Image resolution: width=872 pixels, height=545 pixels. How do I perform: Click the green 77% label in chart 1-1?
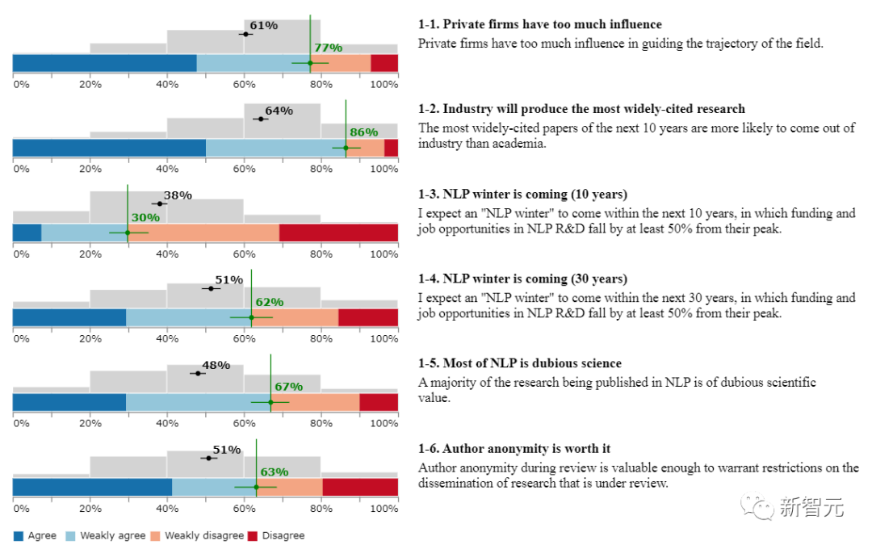click(x=328, y=48)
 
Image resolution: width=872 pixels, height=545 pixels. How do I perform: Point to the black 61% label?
click(x=263, y=26)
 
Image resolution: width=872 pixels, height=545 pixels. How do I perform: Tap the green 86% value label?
click(x=363, y=132)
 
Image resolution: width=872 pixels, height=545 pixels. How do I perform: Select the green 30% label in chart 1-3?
click(x=145, y=218)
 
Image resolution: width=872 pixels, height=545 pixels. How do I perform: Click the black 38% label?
click(x=178, y=195)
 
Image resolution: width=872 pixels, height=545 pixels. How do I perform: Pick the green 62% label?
click(x=270, y=302)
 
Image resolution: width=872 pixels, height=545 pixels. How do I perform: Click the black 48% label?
click(x=216, y=365)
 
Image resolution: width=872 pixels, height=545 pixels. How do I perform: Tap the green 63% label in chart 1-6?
click(x=274, y=472)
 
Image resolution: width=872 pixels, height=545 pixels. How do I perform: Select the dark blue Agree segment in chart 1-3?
click(x=27, y=233)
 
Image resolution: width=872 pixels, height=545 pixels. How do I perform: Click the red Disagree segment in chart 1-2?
click(x=391, y=148)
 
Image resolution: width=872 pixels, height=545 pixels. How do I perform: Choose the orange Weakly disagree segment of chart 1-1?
click(x=341, y=63)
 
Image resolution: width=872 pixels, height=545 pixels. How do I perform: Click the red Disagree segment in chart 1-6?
click(x=360, y=487)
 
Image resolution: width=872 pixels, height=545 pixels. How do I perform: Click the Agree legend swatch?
click(x=19, y=535)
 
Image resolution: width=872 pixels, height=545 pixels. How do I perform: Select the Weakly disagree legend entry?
click(x=199, y=535)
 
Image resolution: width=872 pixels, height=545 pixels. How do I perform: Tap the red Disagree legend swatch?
click(x=252, y=535)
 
